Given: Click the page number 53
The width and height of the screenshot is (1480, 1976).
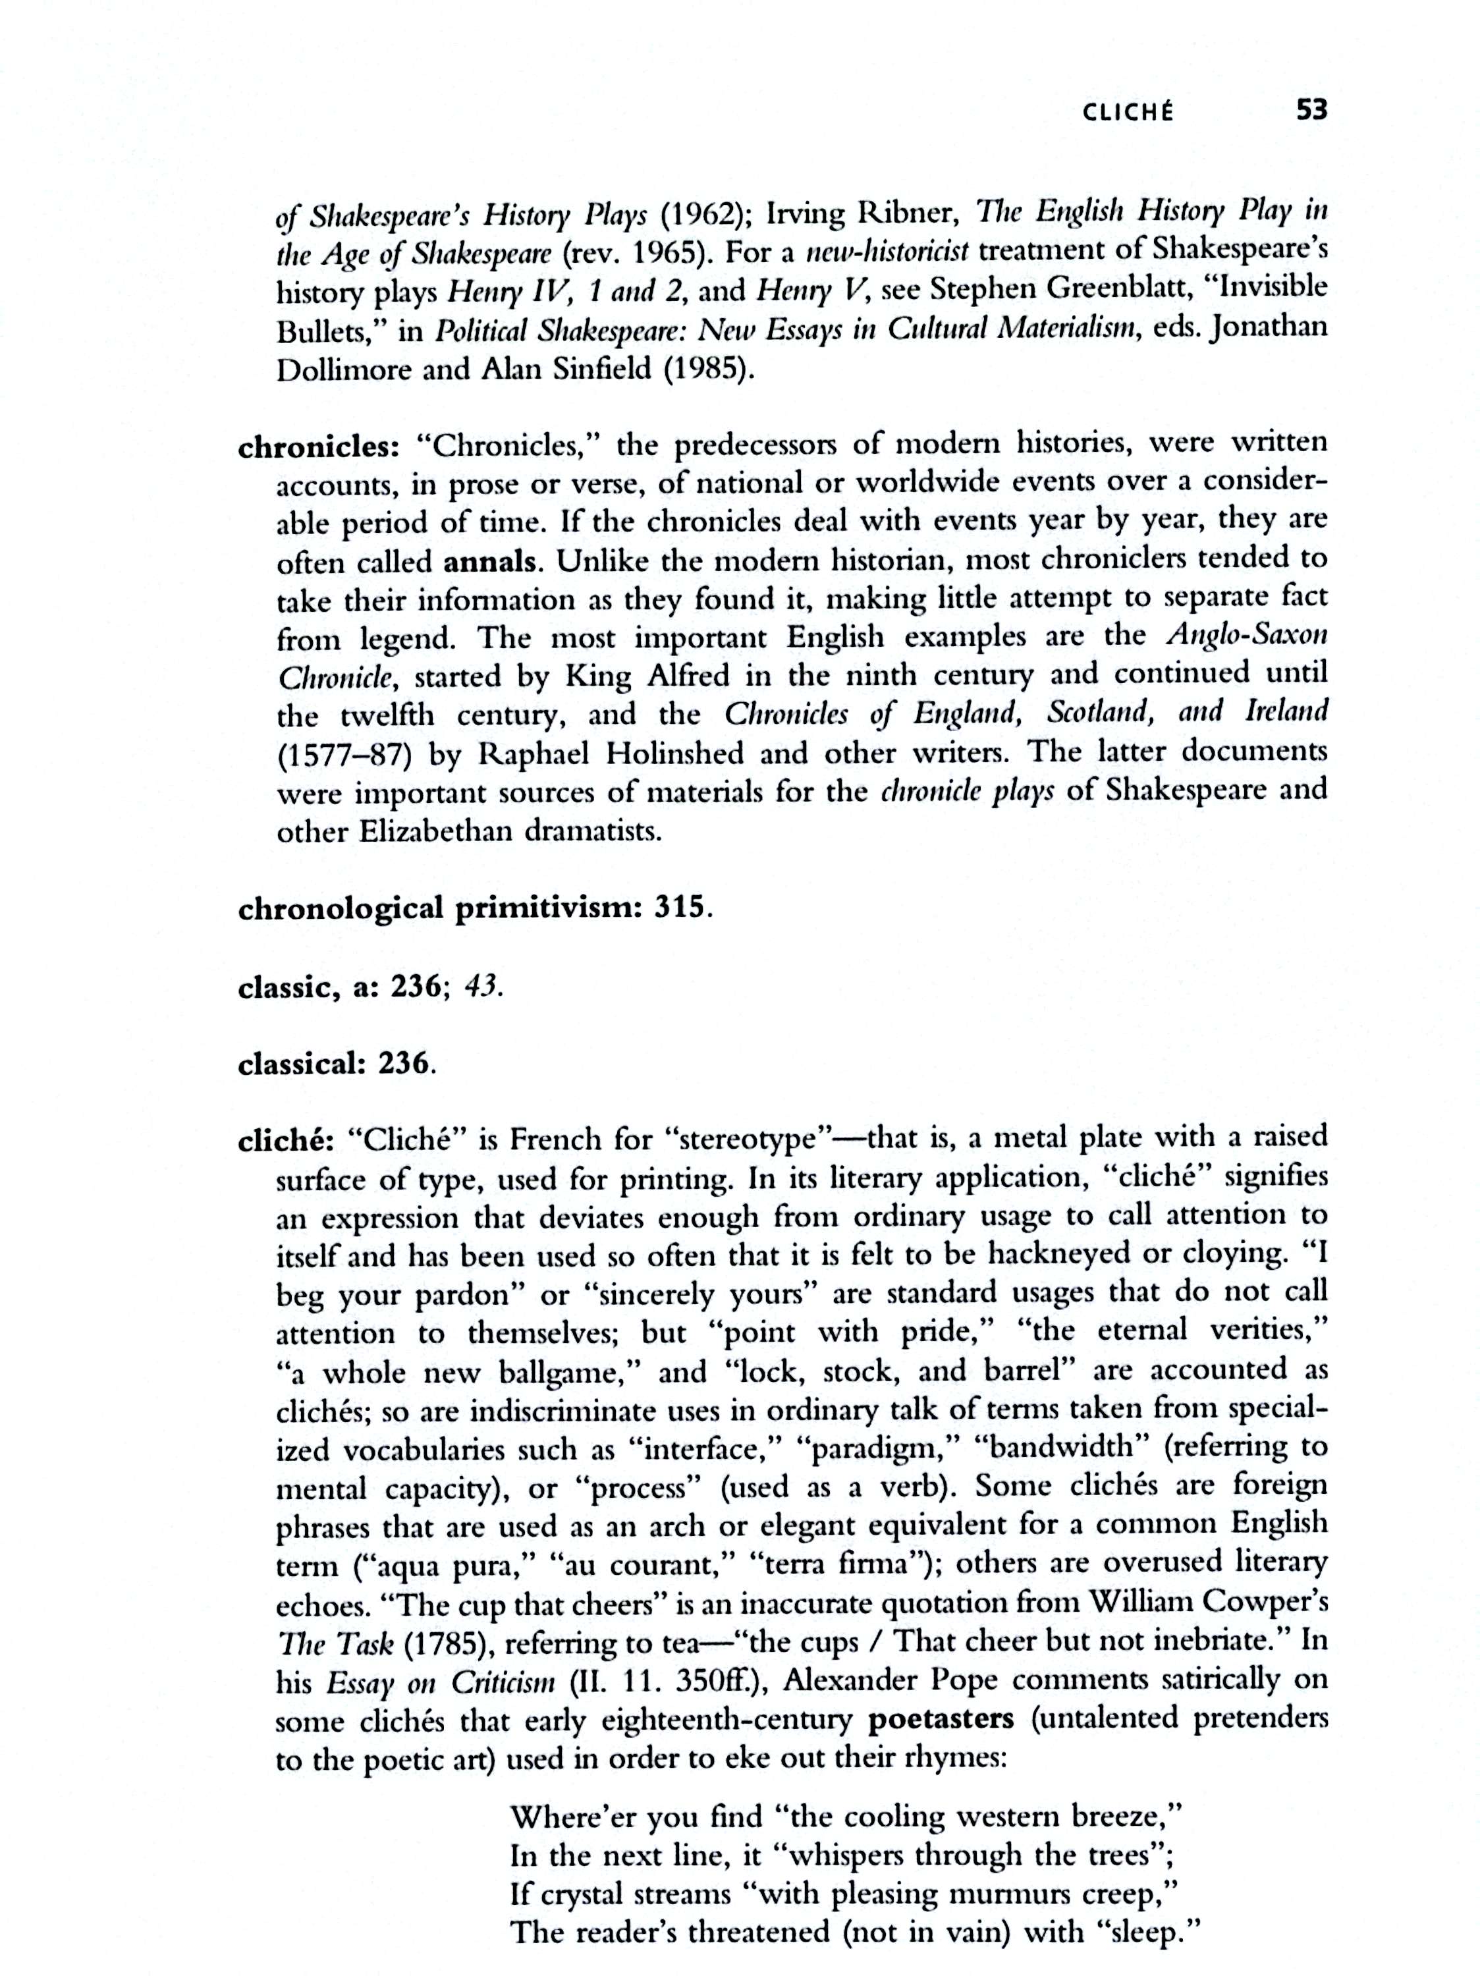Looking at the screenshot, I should tap(1311, 110).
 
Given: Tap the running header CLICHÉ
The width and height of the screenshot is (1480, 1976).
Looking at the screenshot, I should tap(1129, 113).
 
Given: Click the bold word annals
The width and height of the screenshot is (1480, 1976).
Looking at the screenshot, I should tap(490, 563).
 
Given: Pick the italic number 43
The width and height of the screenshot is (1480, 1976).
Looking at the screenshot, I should tap(483, 987).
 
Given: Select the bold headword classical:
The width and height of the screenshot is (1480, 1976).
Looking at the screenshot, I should tap(304, 1065).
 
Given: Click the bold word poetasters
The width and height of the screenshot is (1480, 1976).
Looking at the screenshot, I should tap(941, 1718).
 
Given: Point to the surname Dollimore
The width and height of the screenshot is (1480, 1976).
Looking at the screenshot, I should tap(342, 370).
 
